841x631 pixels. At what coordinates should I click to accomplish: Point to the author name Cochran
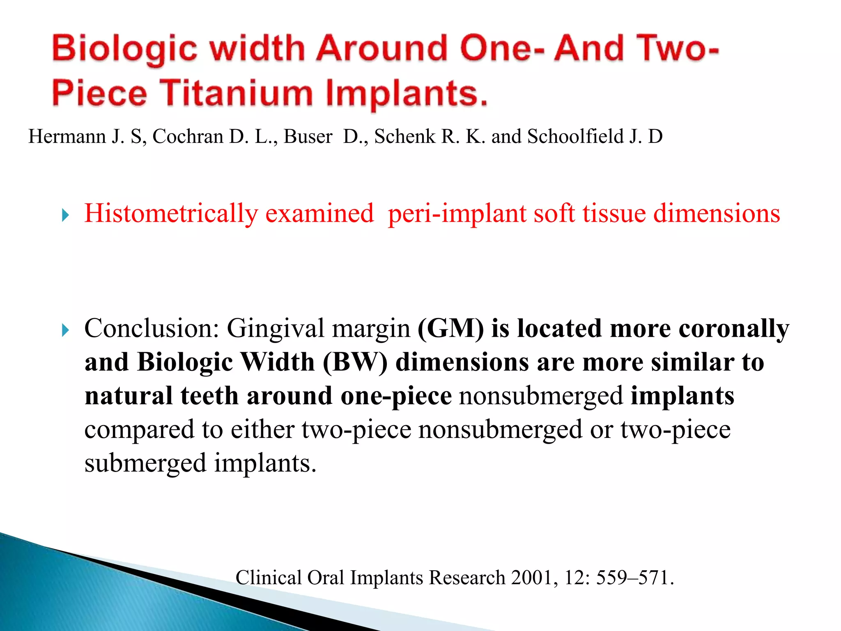pyautogui.click(x=188, y=136)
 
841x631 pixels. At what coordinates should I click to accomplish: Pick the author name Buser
pyautogui.click(x=308, y=136)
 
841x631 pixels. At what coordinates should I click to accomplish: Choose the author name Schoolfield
pyautogui.click(x=575, y=136)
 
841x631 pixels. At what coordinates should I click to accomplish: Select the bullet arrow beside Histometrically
pyautogui.click(x=65, y=215)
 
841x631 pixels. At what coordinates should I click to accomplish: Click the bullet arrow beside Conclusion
pyautogui.click(x=65, y=330)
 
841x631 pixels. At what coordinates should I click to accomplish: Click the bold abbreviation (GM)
pyautogui.click(x=450, y=329)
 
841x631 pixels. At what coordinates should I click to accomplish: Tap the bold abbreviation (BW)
pyautogui.click(x=355, y=362)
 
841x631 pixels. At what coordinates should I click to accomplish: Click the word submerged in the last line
pyautogui.click(x=145, y=463)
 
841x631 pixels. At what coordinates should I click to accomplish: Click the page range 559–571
pyautogui.click(x=634, y=578)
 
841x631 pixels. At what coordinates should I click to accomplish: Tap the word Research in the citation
pyautogui.click(x=467, y=578)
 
